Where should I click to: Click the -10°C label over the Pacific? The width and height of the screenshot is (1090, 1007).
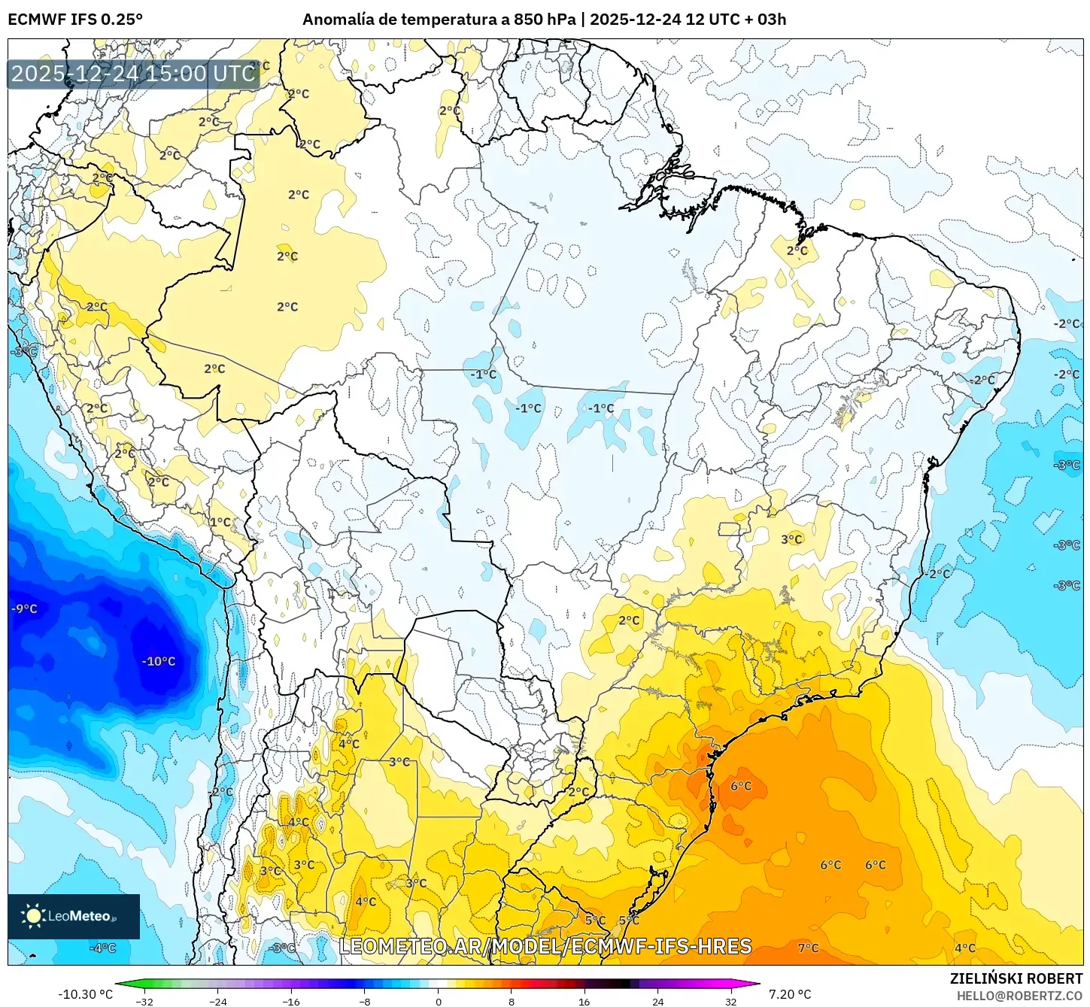point(159,662)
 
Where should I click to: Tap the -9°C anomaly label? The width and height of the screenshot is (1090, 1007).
point(25,609)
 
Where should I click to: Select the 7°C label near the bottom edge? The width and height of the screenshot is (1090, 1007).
point(808,948)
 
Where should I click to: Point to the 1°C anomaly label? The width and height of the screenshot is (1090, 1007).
point(220,522)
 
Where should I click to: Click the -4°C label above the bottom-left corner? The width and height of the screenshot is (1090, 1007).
point(103,948)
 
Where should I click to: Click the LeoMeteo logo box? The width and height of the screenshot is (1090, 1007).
point(74,916)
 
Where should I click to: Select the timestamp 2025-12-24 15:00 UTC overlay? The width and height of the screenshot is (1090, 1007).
point(134,74)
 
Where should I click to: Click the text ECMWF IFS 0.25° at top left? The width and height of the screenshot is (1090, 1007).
point(75,20)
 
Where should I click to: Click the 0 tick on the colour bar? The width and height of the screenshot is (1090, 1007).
point(439,1002)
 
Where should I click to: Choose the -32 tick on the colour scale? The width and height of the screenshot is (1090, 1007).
point(144,1002)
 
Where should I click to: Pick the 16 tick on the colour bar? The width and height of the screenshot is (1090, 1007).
point(584,1002)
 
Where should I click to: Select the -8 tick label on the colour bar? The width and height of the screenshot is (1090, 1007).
point(365,1002)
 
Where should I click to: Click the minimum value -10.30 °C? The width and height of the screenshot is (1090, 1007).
point(85,994)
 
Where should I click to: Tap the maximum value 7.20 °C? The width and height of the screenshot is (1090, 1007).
point(790,994)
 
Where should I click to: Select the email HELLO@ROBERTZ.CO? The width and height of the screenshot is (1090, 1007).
point(1019,996)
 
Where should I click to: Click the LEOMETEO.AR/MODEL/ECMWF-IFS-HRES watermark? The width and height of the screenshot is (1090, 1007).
point(545,946)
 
